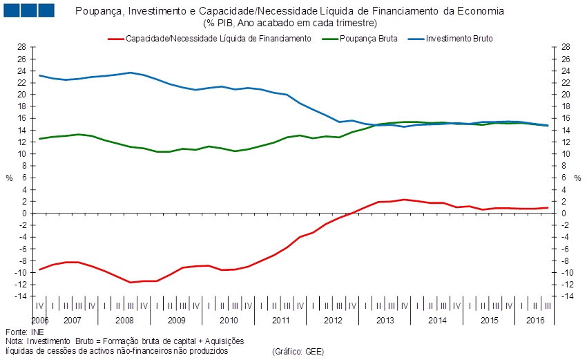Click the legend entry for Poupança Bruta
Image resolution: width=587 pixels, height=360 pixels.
(369, 39)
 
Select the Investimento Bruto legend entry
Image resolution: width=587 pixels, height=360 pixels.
(459, 39)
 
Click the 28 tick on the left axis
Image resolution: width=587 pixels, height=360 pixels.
(22, 47)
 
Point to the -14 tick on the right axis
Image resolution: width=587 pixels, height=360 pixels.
(566, 296)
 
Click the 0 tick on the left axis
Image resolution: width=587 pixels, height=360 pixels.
(24, 214)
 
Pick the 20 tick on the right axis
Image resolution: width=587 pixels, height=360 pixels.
(566, 95)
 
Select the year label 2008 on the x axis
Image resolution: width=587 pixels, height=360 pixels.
(124, 321)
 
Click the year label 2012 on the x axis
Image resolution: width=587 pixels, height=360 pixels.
(333, 321)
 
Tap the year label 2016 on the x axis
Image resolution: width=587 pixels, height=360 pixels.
(536, 321)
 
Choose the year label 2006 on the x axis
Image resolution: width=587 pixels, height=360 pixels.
(40, 321)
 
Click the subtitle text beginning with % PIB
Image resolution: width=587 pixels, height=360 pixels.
(289, 23)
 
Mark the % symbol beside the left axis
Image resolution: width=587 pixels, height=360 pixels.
(8, 178)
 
